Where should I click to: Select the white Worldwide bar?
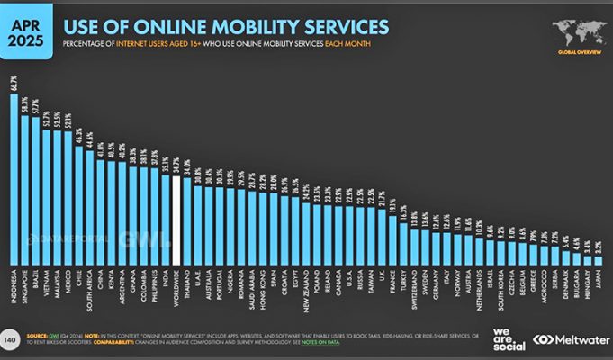click(x=176, y=215)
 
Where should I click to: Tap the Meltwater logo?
click(x=567, y=340)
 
